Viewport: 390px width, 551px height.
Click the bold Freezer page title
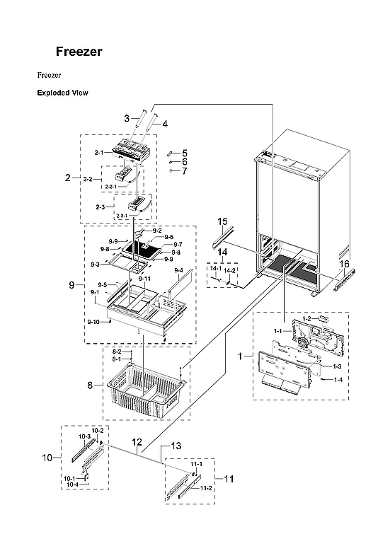tap(79, 52)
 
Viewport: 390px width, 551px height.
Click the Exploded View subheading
tap(62, 93)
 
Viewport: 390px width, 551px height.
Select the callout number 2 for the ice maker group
tap(68, 178)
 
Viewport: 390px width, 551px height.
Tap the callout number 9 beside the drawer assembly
tap(71, 285)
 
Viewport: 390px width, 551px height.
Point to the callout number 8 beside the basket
tap(90, 385)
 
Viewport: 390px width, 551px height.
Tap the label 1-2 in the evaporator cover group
tap(306, 320)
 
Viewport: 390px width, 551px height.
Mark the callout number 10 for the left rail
tap(47, 458)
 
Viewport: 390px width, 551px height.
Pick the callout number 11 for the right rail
tap(228, 479)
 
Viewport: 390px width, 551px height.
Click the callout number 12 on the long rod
tap(139, 442)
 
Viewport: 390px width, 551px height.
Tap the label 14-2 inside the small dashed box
tap(231, 271)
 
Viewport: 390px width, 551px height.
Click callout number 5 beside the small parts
tap(184, 153)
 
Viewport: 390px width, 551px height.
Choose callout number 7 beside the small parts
tap(184, 171)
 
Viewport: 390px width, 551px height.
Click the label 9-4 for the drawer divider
tap(178, 271)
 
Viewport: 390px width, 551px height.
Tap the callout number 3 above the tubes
tap(127, 119)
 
